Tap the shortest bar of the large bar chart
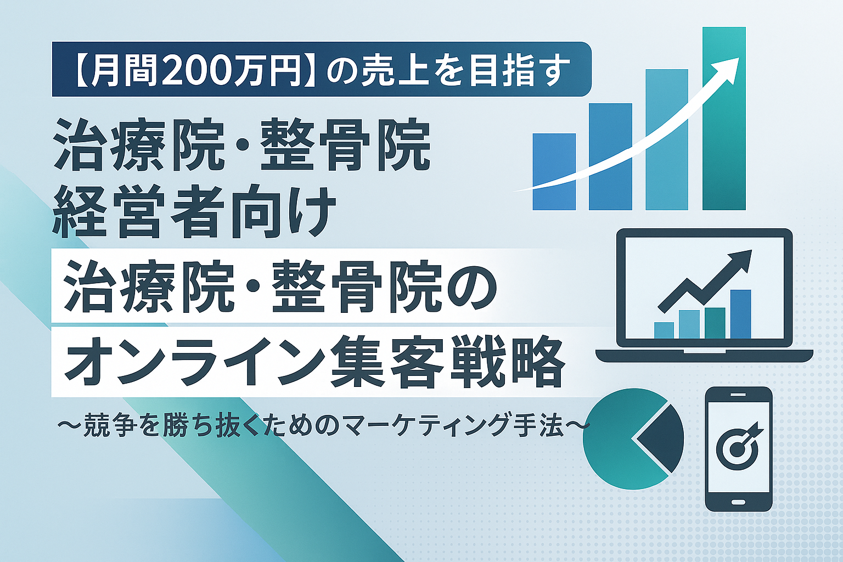tap(554, 172)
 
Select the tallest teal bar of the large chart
tap(724, 119)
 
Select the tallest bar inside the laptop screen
tap(740, 314)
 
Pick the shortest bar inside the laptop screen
tap(664, 330)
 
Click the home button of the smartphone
tap(738, 502)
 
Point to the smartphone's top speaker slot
tap(738, 395)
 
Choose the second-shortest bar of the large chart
tap(610, 156)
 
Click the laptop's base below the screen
tap(704, 356)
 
